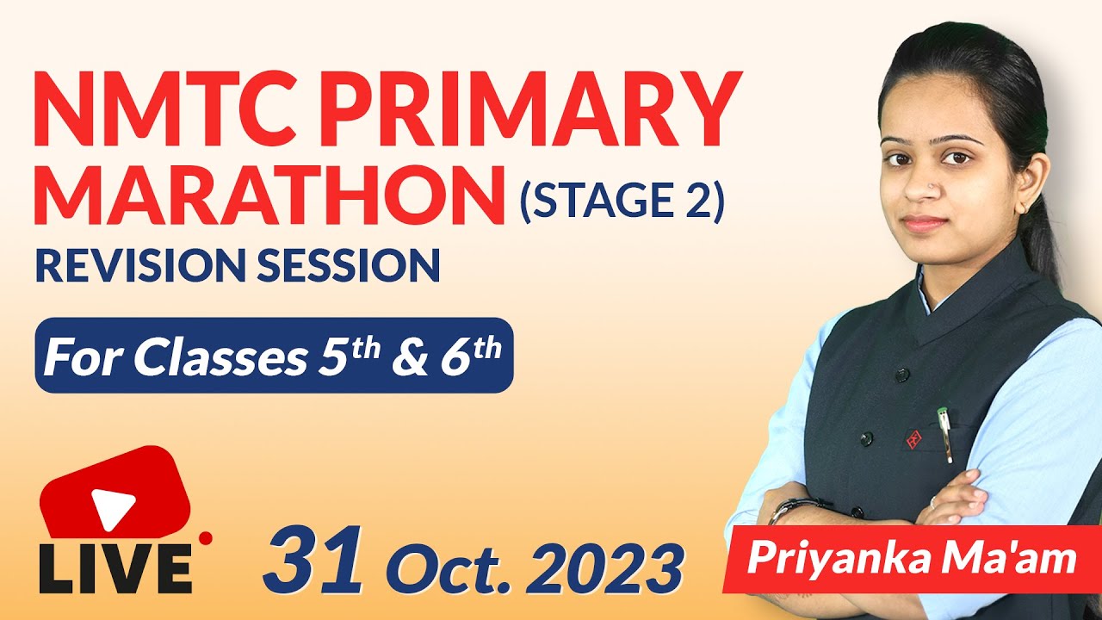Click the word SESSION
[x=351, y=266]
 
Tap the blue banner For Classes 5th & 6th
[x=274, y=355]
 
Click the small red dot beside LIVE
[x=206, y=539]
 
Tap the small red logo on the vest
[x=913, y=440]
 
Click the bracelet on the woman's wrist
[x=789, y=509]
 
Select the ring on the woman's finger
[x=932, y=500]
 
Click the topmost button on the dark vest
[x=902, y=375]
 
